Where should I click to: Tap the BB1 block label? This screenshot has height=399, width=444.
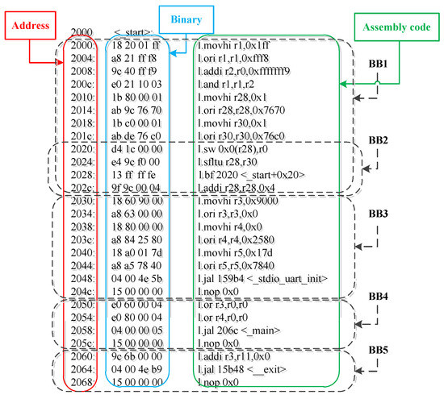378,63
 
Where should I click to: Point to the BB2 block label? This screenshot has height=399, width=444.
378,139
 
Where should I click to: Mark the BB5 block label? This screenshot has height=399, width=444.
378,351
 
